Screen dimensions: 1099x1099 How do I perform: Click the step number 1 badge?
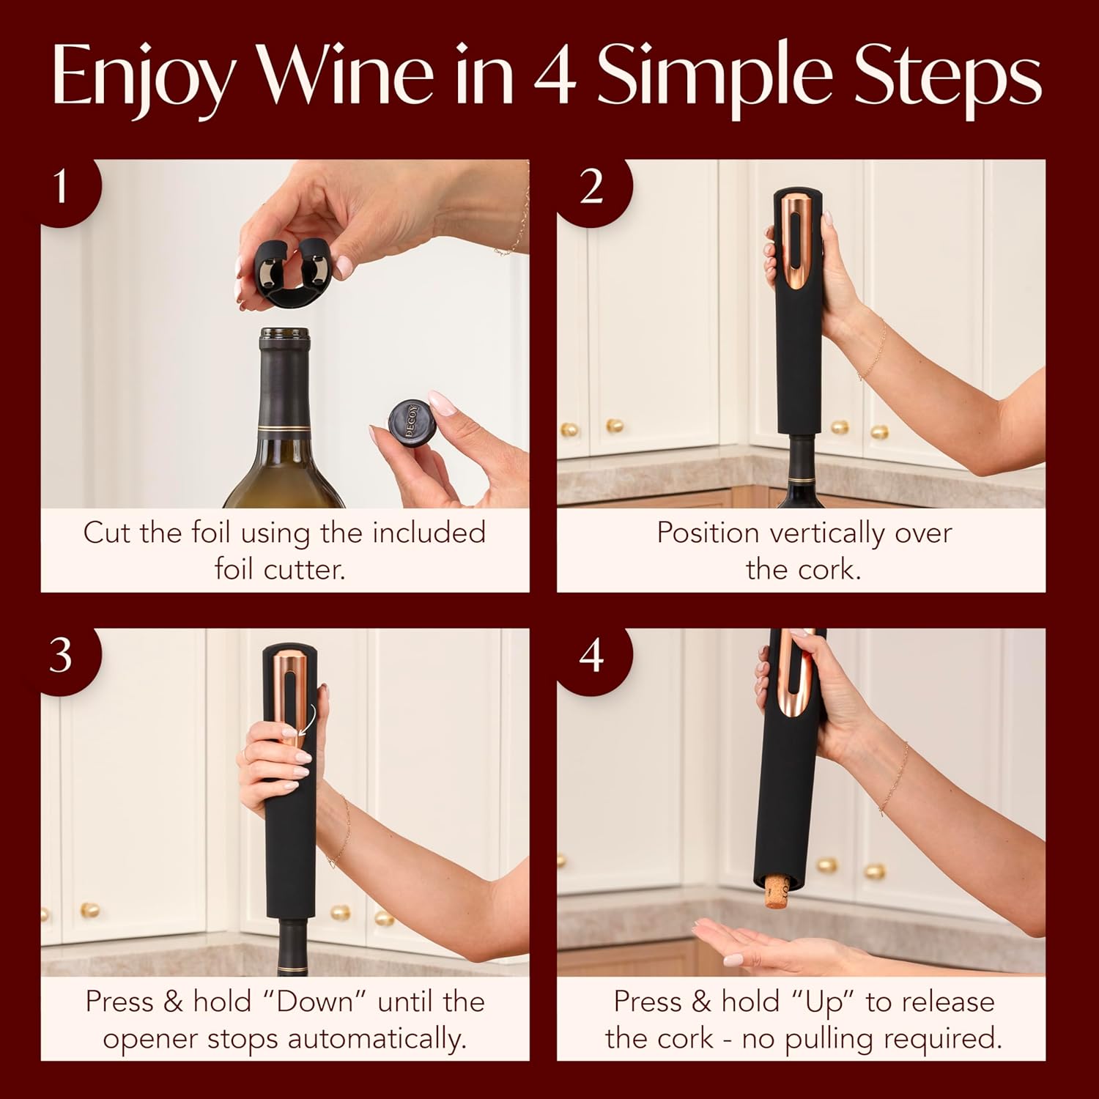click(62, 187)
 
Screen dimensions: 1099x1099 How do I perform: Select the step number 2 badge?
click(591, 187)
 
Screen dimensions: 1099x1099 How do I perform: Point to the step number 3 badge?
click(62, 654)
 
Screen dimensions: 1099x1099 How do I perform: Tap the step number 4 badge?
click(591, 654)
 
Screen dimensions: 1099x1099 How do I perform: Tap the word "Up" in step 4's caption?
click(825, 1002)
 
